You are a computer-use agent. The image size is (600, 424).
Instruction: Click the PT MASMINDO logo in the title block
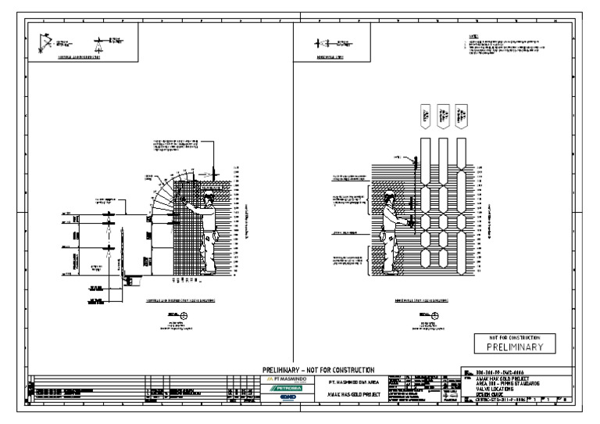281,379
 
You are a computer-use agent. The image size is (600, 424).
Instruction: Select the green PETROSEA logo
281,388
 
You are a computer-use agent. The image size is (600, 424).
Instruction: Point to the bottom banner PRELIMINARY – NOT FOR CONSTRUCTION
320,370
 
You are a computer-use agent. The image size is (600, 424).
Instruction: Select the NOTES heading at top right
473,36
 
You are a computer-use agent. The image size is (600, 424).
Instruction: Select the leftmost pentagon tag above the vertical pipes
427,116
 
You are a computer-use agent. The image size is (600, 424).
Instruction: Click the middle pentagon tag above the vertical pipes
444,116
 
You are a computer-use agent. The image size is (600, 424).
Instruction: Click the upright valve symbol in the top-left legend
100,43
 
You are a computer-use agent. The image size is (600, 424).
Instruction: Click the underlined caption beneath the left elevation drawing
181,300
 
